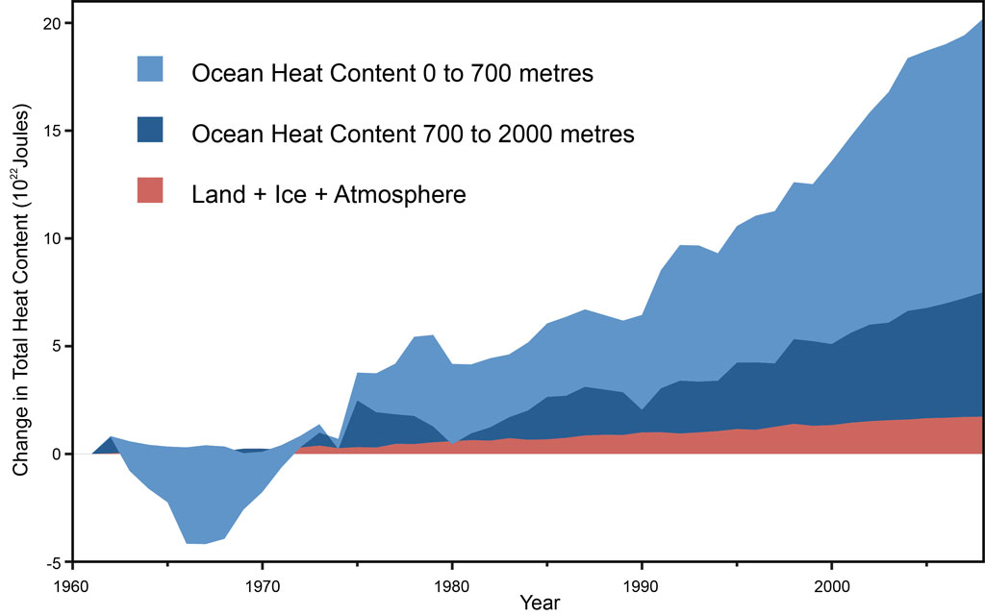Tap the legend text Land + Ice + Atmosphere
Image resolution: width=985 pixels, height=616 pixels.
pos(328,195)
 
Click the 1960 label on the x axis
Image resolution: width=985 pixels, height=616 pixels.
pos(73,584)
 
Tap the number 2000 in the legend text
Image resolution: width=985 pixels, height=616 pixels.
pos(519,135)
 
